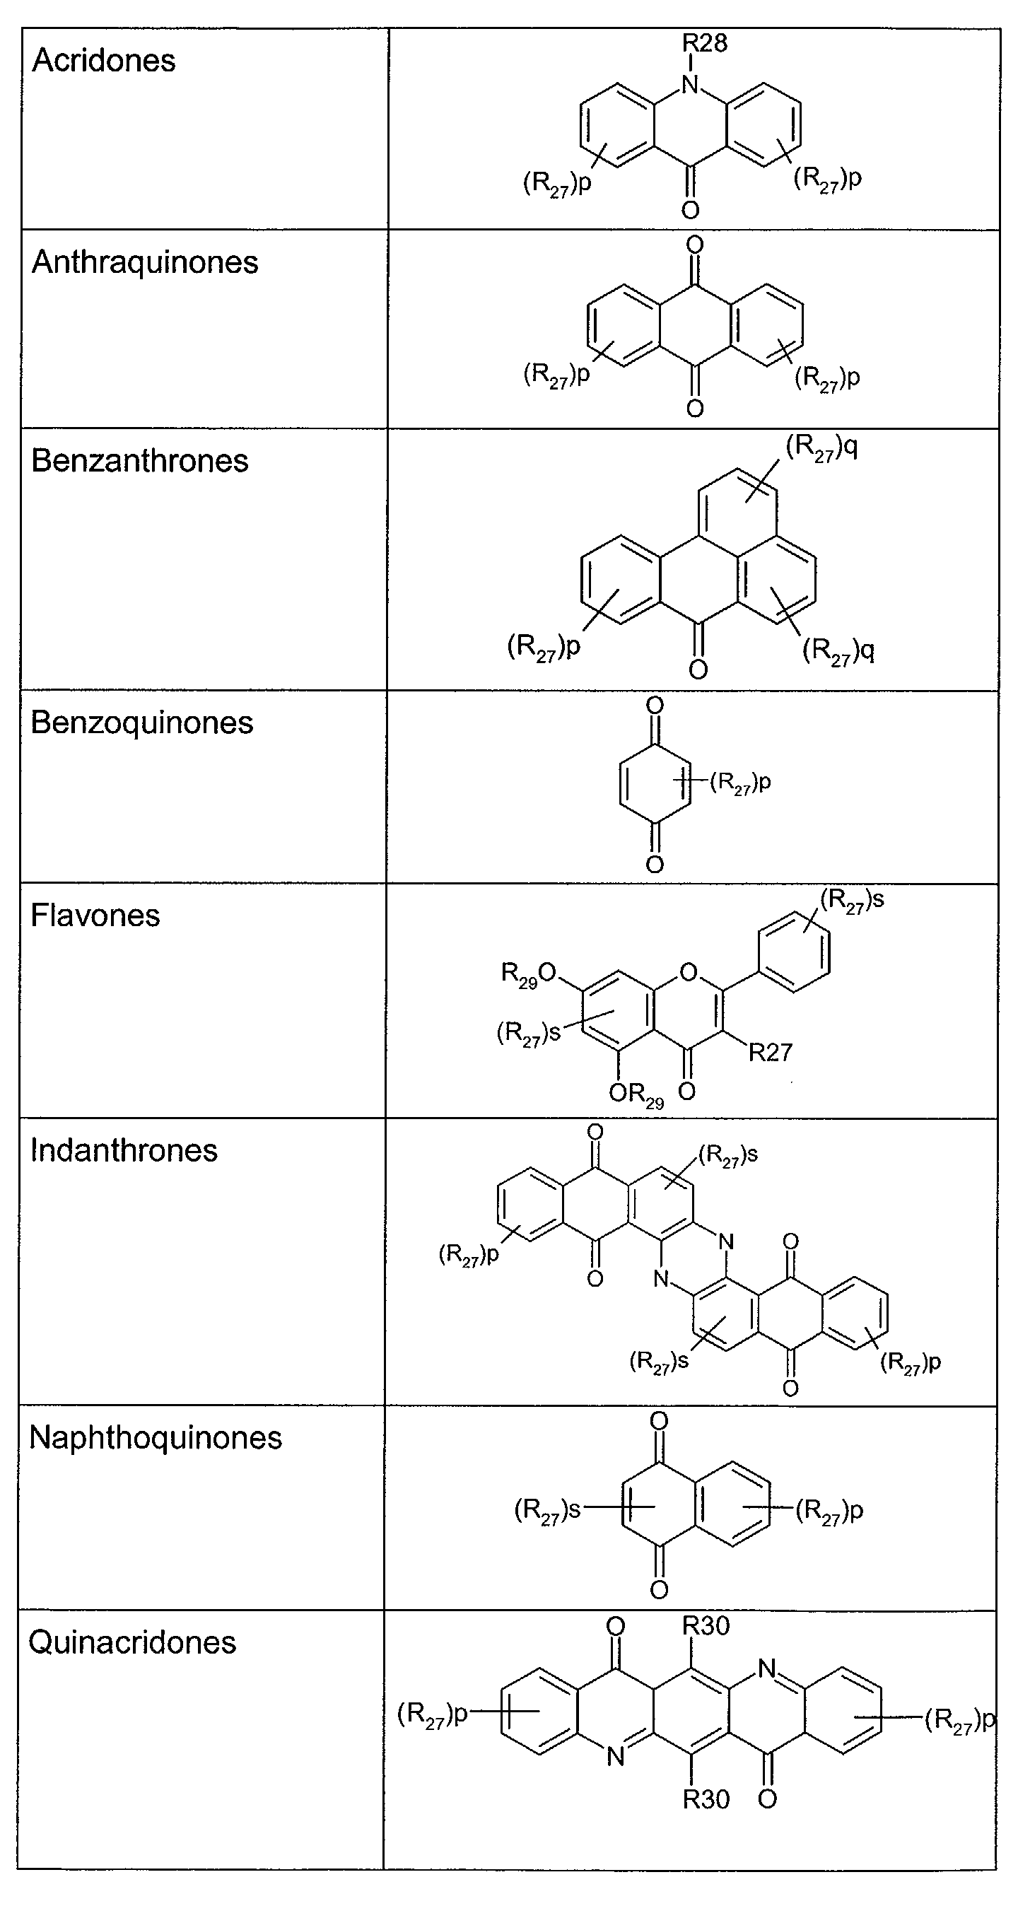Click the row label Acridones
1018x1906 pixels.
pos(104,61)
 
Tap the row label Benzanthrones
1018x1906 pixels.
pos(140,461)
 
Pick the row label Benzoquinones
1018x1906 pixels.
pos(141,723)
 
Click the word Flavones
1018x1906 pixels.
pos(95,916)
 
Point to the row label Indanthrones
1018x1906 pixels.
pos(124,1150)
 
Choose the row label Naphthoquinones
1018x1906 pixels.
pos(156,1438)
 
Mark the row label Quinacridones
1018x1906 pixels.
pos(132,1642)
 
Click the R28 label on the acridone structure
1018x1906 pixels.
pos(705,43)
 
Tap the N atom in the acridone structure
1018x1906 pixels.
pos(689,84)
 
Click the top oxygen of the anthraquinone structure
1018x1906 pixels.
pos(695,244)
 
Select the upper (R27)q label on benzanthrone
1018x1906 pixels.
pos(821,448)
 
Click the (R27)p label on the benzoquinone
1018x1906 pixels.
pos(741,782)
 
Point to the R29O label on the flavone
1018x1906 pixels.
pos(527,973)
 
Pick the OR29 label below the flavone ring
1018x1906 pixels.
pos(636,1094)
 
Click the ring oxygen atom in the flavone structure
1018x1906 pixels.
pos(688,971)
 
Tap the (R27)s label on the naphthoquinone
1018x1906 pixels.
pos(546,1509)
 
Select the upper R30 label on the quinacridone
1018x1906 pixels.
pos(706,1625)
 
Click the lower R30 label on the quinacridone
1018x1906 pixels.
pos(706,1799)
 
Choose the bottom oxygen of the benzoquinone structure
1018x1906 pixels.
pos(654,863)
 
